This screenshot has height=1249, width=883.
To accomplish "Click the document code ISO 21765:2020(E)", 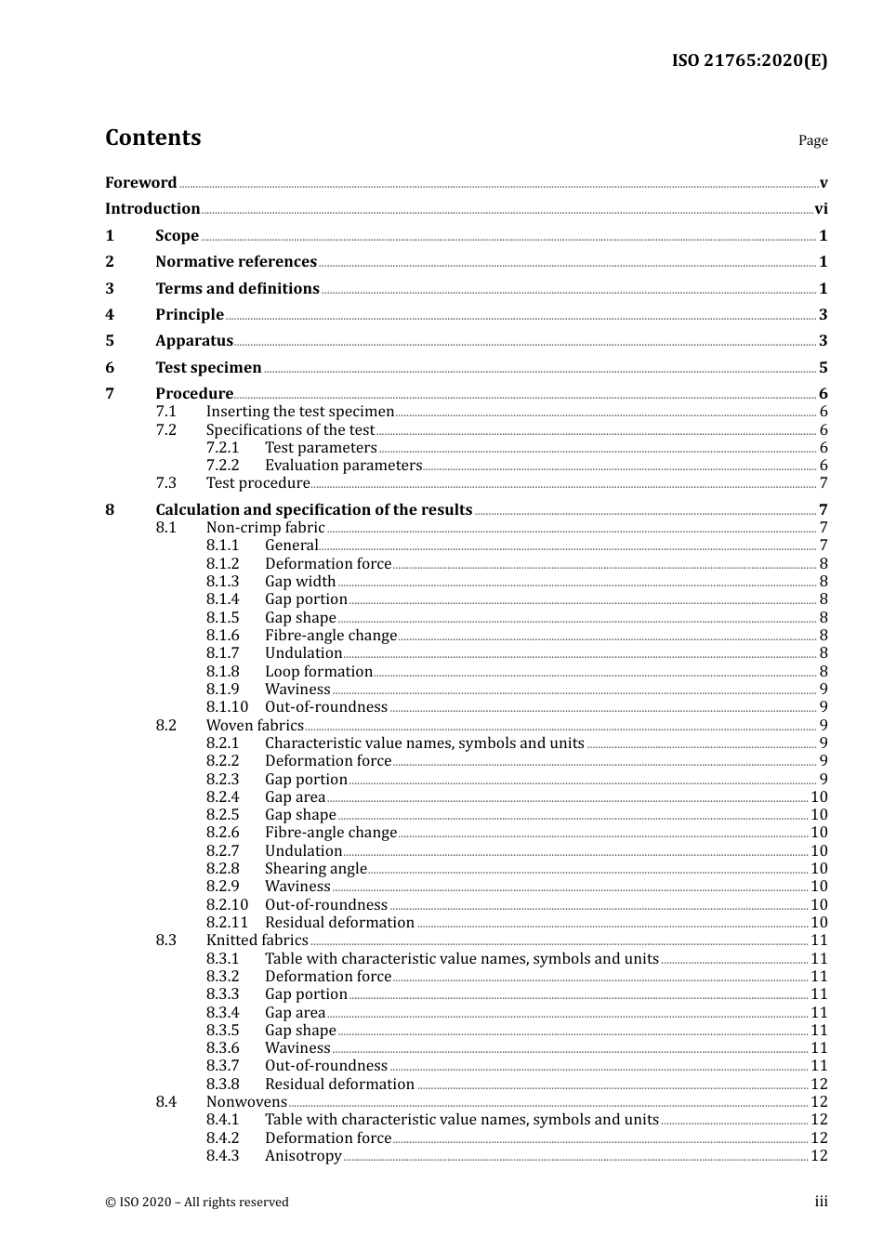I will pyautogui.click(x=749, y=61).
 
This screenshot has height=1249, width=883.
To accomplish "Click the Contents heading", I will pyautogui.click(x=152, y=138).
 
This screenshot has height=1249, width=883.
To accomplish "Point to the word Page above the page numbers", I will pyautogui.click(x=812, y=140).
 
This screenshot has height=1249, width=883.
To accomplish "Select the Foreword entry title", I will pyautogui.click(x=140, y=183).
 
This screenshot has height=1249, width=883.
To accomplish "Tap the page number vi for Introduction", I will pyautogui.click(x=821, y=209).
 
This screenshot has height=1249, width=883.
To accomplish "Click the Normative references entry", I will pyautogui.click(x=236, y=262).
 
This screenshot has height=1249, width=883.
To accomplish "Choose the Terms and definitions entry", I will pyautogui.click(x=237, y=289).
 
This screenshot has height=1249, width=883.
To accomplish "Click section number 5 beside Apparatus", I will pyautogui.click(x=110, y=341).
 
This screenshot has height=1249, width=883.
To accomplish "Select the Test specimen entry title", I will pyautogui.click(x=208, y=368).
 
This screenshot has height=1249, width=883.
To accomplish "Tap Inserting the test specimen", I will pyautogui.click(x=300, y=412).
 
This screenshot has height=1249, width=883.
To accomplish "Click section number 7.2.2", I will pyautogui.click(x=222, y=466).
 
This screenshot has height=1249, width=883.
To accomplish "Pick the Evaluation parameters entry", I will pyautogui.click(x=343, y=466).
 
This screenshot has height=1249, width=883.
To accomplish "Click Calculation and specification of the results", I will pyautogui.click(x=314, y=510).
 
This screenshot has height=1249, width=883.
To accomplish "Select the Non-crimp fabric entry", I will pyautogui.click(x=265, y=528).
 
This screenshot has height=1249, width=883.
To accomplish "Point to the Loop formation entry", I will pyautogui.click(x=318, y=672).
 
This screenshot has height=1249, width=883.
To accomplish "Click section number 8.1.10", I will pyautogui.click(x=227, y=707).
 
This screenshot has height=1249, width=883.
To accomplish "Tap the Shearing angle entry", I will pyautogui.click(x=315, y=869).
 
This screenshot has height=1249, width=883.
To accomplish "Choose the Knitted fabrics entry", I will pyautogui.click(x=257, y=940).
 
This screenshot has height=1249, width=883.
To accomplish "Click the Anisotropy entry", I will pyautogui.click(x=303, y=1156).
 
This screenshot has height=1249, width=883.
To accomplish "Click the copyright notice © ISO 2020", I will pyautogui.click(x=197, y=1203).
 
